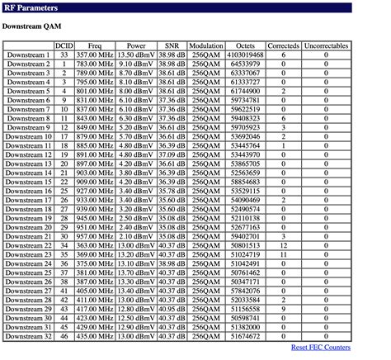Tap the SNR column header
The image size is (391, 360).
(172, 45)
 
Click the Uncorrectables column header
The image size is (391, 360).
(326, 45)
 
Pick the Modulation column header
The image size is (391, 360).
(205, 45)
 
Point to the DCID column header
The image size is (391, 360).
(64, 45)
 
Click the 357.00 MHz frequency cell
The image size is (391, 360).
(95, 54)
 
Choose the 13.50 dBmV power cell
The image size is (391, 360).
(135, 54)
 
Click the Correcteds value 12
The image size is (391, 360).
(283, 246)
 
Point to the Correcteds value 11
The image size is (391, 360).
(283, 255)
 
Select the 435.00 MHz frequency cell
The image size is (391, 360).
(95, 337)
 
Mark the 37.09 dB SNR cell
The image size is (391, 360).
(172, 154)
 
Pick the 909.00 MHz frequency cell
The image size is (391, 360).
(95, 182)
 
